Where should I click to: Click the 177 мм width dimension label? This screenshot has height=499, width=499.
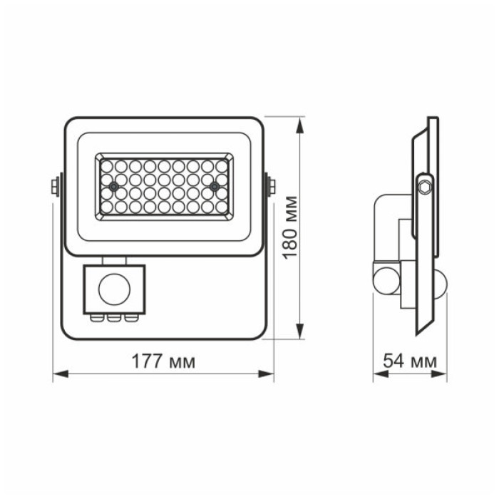pyautogui.click(x=163, y=361)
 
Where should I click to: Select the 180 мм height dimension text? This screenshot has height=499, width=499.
pyautogui.click(x=290, y=228)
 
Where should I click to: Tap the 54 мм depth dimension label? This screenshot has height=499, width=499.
pyautogui.click(x=410, y=361)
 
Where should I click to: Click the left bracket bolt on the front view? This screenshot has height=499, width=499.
pyautogui.click(x=54, y=187)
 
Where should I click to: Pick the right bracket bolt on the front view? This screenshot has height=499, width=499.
pyautogui.click(x=272, y=187)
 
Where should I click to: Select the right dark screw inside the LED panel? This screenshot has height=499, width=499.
pyautogui.click(x=214, y=185)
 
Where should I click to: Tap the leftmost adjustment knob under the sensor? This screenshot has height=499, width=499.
pyautogui.click(x=96, y=319)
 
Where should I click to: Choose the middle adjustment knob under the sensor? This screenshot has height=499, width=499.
pyautogui.click(x=113, y=319)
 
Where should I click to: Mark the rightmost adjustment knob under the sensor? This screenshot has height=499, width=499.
pyautogui.click(x=129, y=319)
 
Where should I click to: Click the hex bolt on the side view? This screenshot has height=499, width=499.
pyautogui.click(x=426, y=186)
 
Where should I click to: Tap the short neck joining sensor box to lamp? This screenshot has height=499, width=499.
pyautogui.click(x=115, y=260)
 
